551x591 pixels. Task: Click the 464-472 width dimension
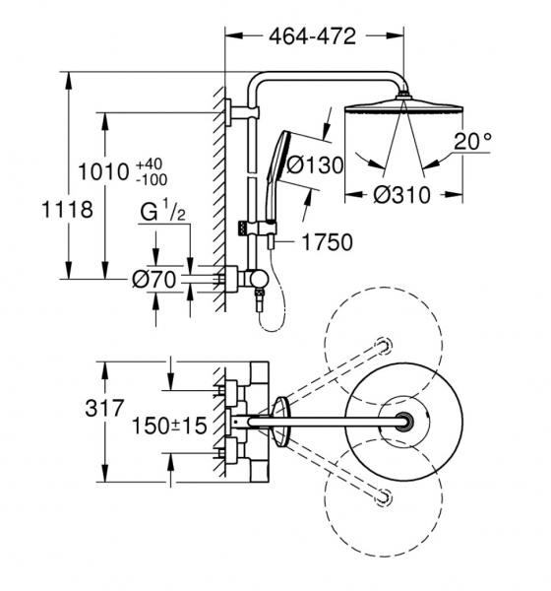click(312, 36)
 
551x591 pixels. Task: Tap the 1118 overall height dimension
click(67, 210)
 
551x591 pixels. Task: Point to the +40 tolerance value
click(150, 164)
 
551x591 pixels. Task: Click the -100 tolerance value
click(152, 180)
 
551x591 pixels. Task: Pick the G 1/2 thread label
click(162, 211)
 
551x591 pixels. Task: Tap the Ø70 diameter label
click(154, 280)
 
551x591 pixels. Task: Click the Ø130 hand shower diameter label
click(315, 165)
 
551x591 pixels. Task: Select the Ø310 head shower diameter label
click(401, 195)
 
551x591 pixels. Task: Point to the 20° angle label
click(472, 142)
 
